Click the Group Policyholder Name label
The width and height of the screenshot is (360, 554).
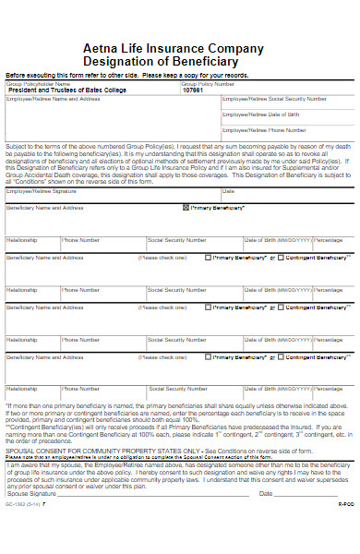[x=38, y=84]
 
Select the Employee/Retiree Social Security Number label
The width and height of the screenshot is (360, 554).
[x=269, y=97]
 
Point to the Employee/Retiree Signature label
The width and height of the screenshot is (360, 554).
[x=42, y=191]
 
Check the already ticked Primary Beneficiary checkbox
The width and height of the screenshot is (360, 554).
[x=186, y=209]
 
